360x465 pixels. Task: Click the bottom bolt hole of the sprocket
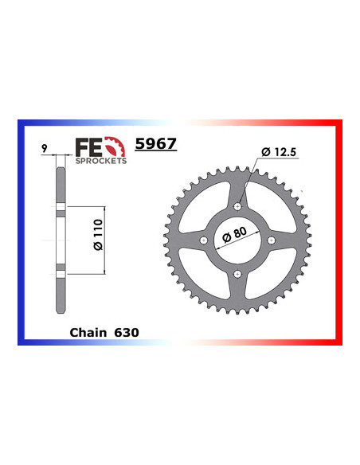238,274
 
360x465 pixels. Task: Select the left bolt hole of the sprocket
204,240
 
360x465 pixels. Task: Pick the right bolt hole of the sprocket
272,240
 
